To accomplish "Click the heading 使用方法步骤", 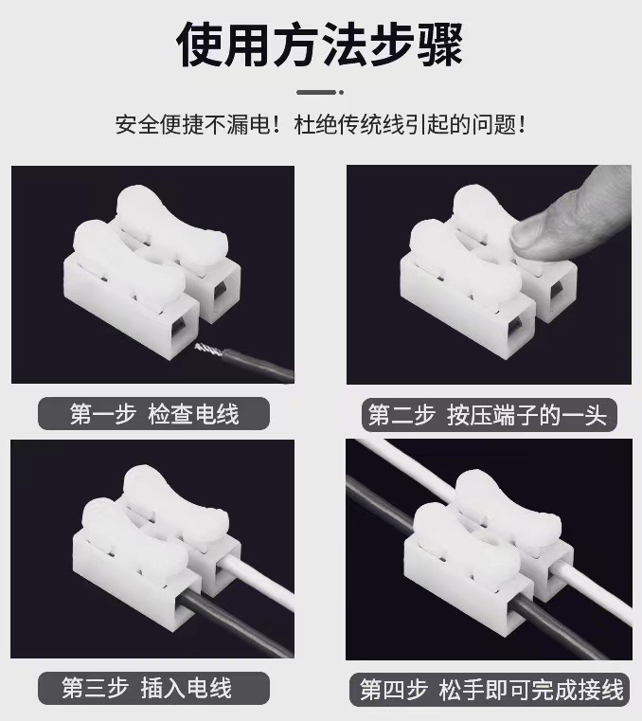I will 321,45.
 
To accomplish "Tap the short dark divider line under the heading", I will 320,92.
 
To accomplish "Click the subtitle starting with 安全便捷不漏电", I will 320,125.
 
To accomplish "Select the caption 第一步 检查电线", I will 154,414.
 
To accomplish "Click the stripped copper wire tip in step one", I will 208,351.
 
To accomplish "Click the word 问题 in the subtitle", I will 491,125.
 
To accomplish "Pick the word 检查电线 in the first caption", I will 194,414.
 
